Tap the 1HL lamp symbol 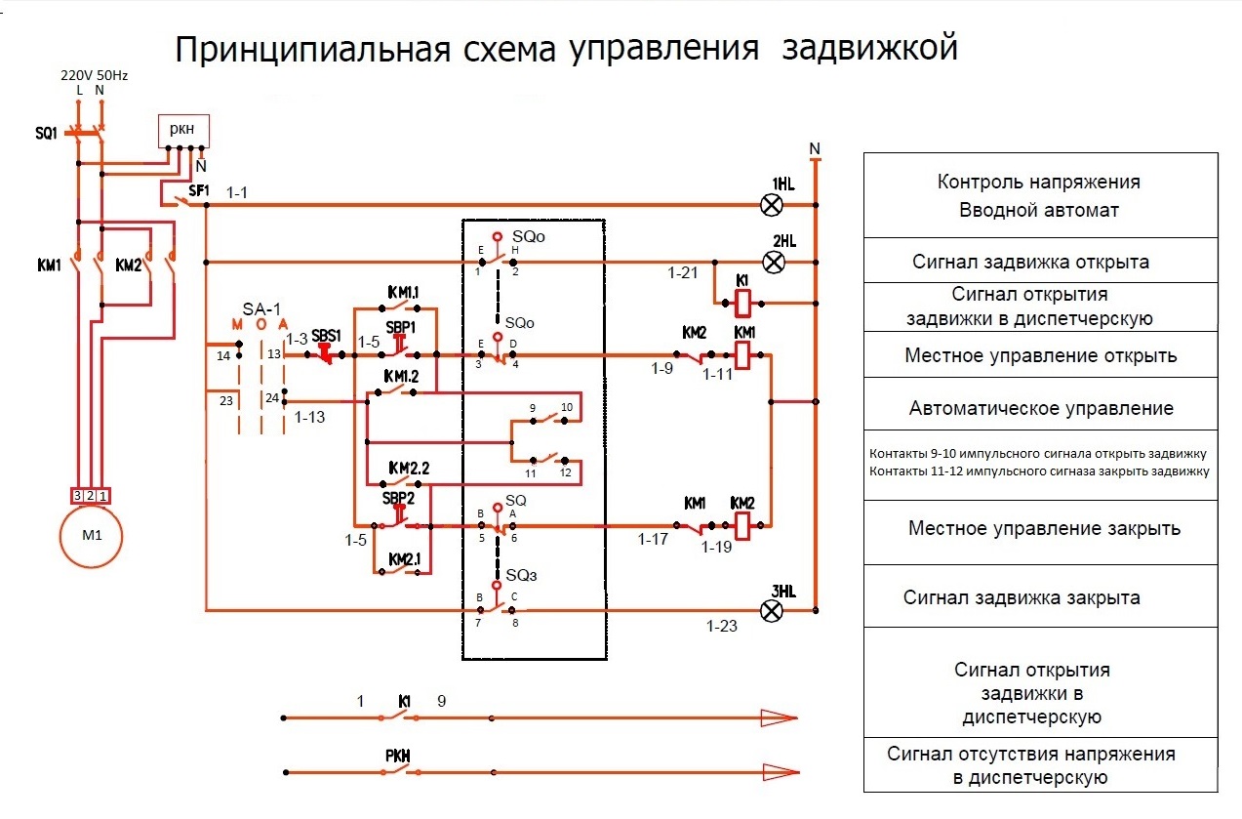[772, 205]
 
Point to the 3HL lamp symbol [772, 611]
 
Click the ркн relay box [183, 131]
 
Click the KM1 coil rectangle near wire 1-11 [743, 355]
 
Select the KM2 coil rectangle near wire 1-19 [743, 527]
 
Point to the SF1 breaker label [199, 190]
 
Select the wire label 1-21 [683, 274]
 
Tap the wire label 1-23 [722, 626]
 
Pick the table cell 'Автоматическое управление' [1041, 407]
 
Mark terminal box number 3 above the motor [77, 496]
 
